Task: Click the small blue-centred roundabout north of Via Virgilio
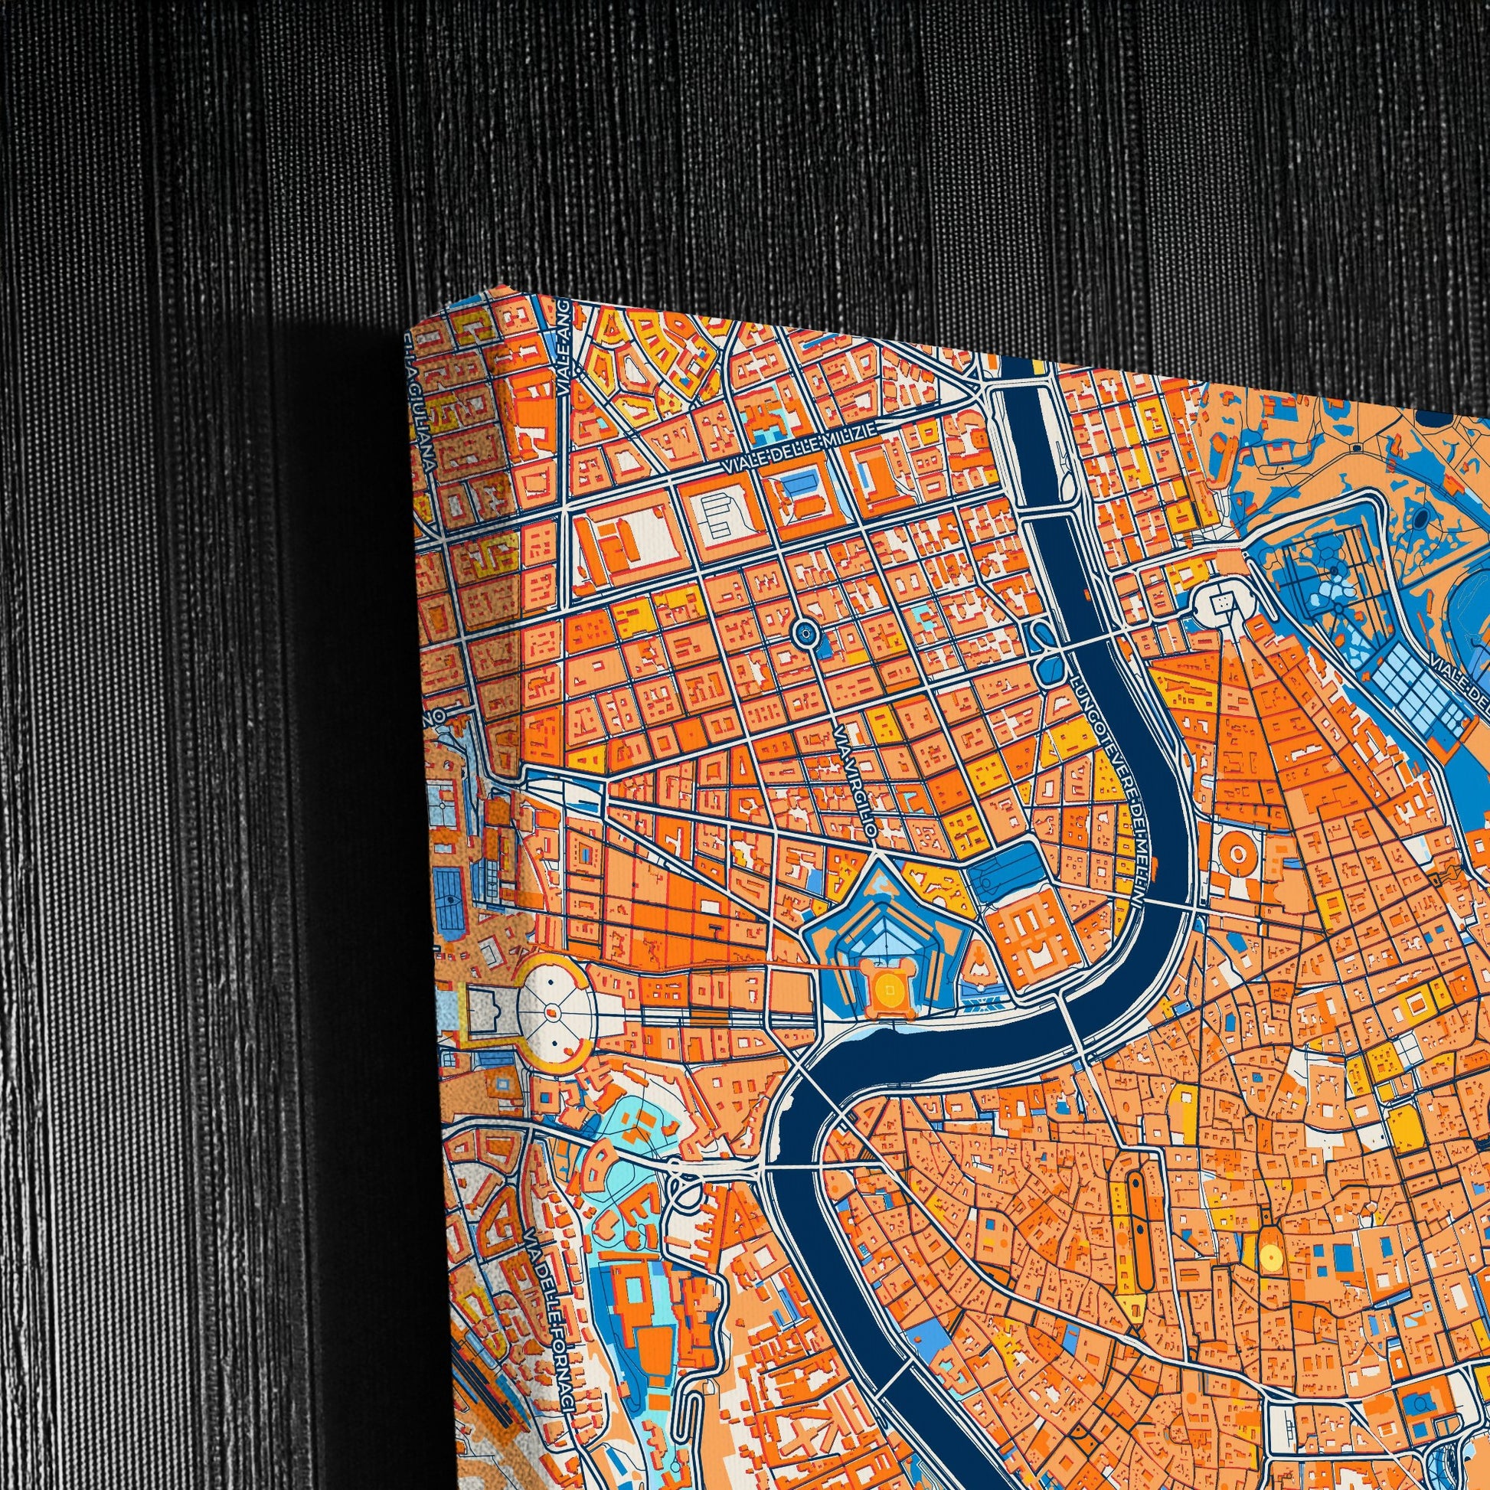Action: coord(805,634)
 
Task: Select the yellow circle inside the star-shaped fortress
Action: coord(889,986)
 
